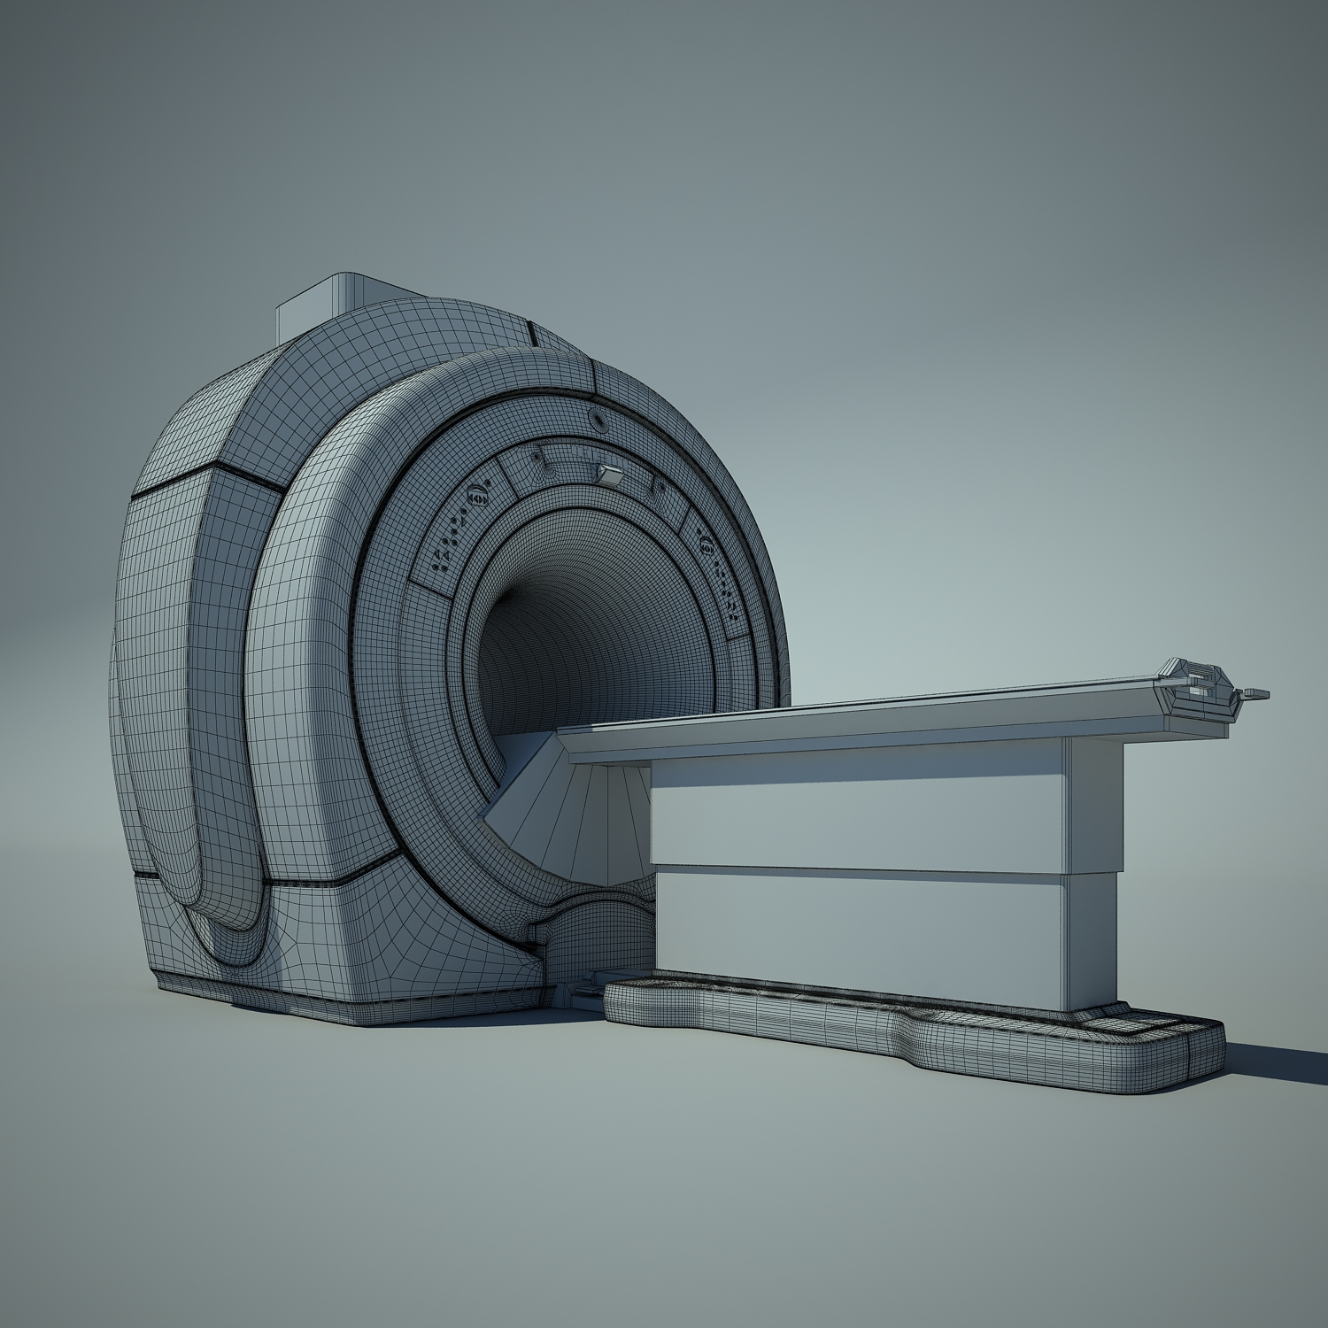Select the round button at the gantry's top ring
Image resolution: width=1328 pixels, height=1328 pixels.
pos(598,415)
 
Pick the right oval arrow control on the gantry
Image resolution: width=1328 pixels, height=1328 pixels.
pos(706,544)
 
